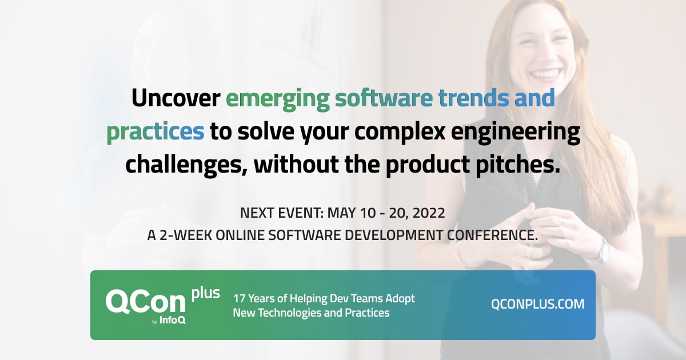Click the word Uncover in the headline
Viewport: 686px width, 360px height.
(x=176, y=98)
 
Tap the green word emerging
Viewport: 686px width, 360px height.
(x=278, y=99)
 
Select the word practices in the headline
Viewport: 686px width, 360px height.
(x=155, y=133)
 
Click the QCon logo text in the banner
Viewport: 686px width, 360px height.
(x=145, y=302)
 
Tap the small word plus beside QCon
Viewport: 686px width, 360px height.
(x=205, y=293)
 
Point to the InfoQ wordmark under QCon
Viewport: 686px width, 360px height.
(x=173, y=320)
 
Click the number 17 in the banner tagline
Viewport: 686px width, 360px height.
(x=239, y=298)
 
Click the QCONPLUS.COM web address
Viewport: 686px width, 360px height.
(x=537, y=304)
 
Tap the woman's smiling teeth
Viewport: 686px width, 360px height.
(x=547, y=74)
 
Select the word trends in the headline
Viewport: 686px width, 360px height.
(x=473, y=98)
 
